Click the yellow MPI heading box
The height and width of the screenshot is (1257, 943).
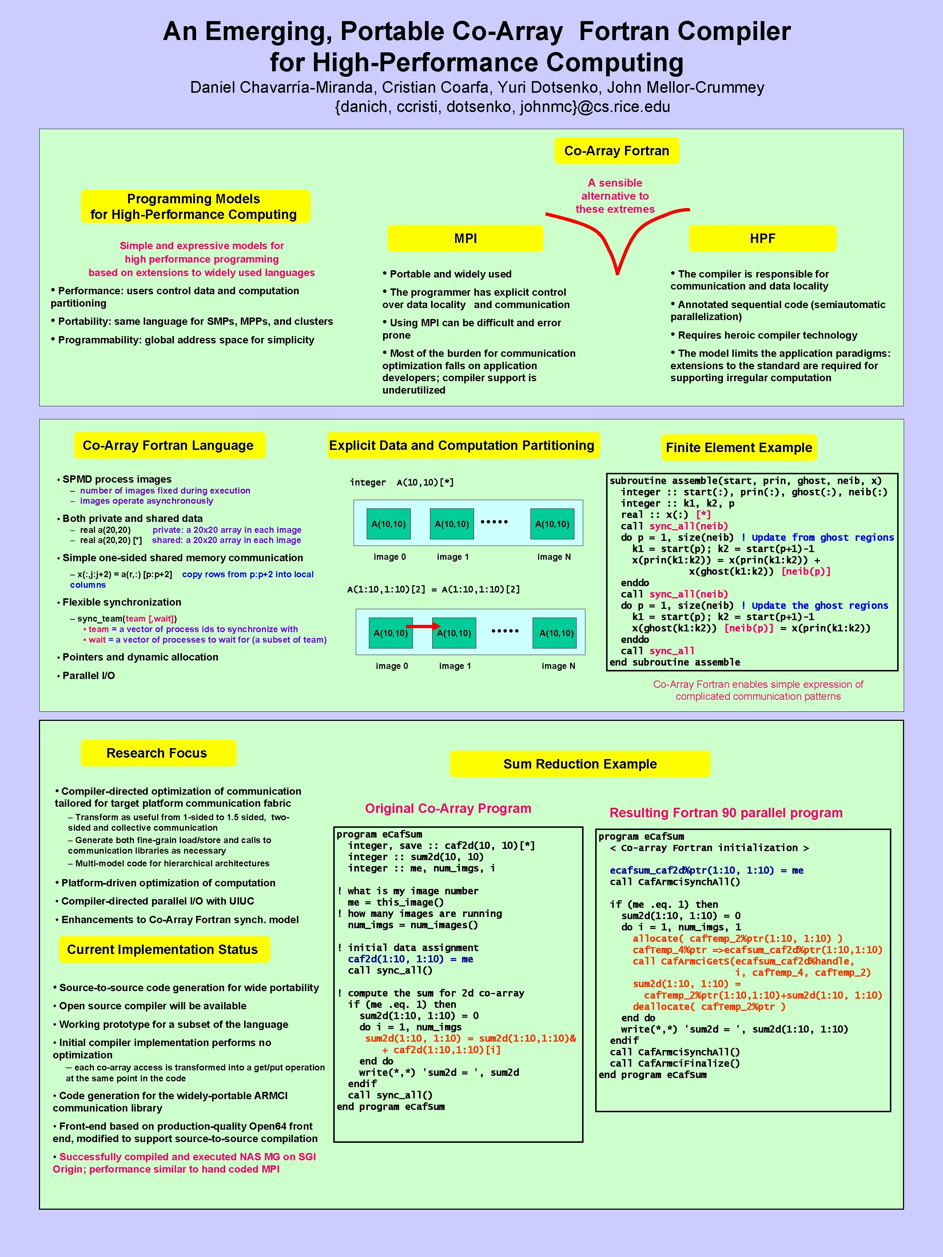pyautogui.click(x=465, y=239)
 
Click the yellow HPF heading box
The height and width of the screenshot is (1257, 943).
pyautogui.click(x=762, y=239)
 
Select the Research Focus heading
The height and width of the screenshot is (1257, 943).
pyautogui.click(x=157, y=753)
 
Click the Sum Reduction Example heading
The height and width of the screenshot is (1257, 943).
pyautogui.click(x=580, y=764)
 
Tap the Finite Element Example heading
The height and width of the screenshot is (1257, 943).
pyautogui.click(x=739, y=448)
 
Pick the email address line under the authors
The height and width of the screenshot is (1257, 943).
pyautogui.click(x=502, y=107)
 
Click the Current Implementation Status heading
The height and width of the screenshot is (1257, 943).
pyautogui.click(x=163, y=950)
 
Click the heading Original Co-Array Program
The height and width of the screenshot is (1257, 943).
pyautogui.click(x=448, y=809)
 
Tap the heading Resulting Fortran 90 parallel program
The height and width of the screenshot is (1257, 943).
pyautogui.click(x=726, y=813)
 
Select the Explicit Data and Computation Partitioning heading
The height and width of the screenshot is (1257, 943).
pyautogui.click(x=462, y=446)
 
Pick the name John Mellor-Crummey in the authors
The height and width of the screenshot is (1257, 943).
pyautogui.click(x=685, y=88)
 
